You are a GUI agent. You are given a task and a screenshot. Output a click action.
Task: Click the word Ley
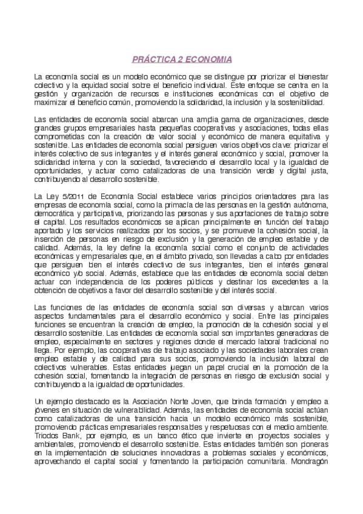click(x=50, y=196)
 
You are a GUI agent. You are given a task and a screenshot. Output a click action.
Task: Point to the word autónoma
click(x=309, y=205)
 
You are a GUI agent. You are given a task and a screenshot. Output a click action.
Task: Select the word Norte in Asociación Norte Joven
click(x=180, y=402)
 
